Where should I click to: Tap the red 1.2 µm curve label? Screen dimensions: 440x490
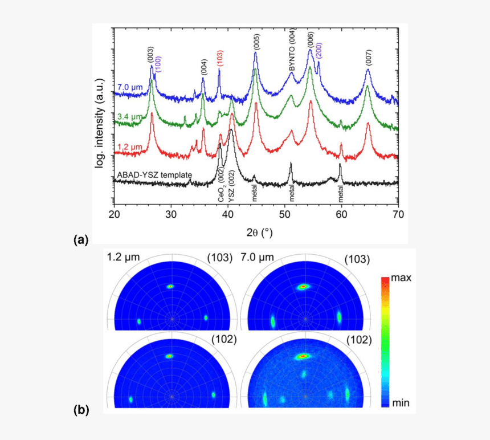129,147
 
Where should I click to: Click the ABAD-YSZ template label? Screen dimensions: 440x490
154,174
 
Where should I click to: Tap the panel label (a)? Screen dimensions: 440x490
81,240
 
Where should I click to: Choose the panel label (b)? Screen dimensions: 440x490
81,409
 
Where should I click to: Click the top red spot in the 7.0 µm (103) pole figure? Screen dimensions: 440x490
304,286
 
